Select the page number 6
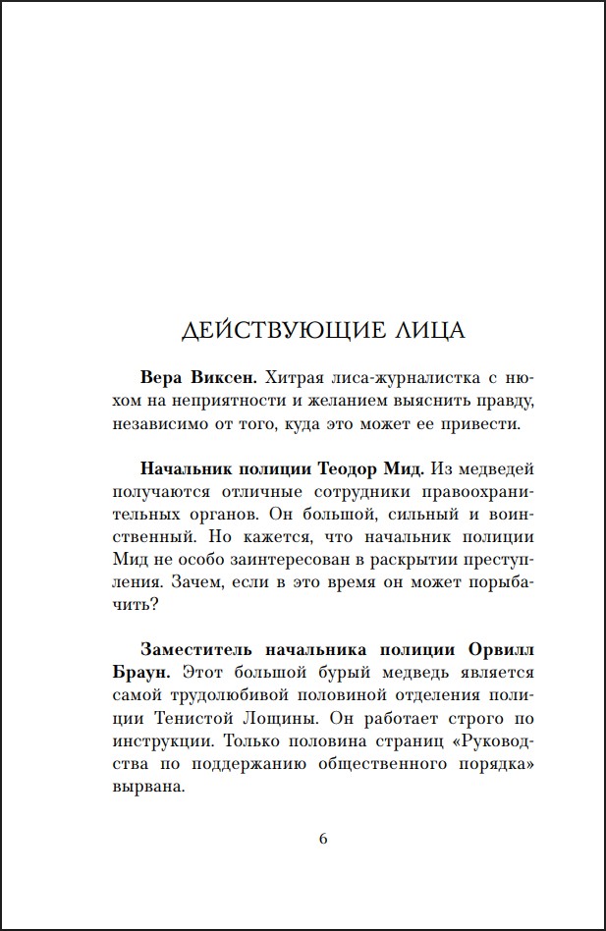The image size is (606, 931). [x=323, y=838]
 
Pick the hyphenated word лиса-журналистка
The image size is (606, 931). [x=393, y=378]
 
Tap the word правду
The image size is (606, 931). [x=503, y=402]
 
